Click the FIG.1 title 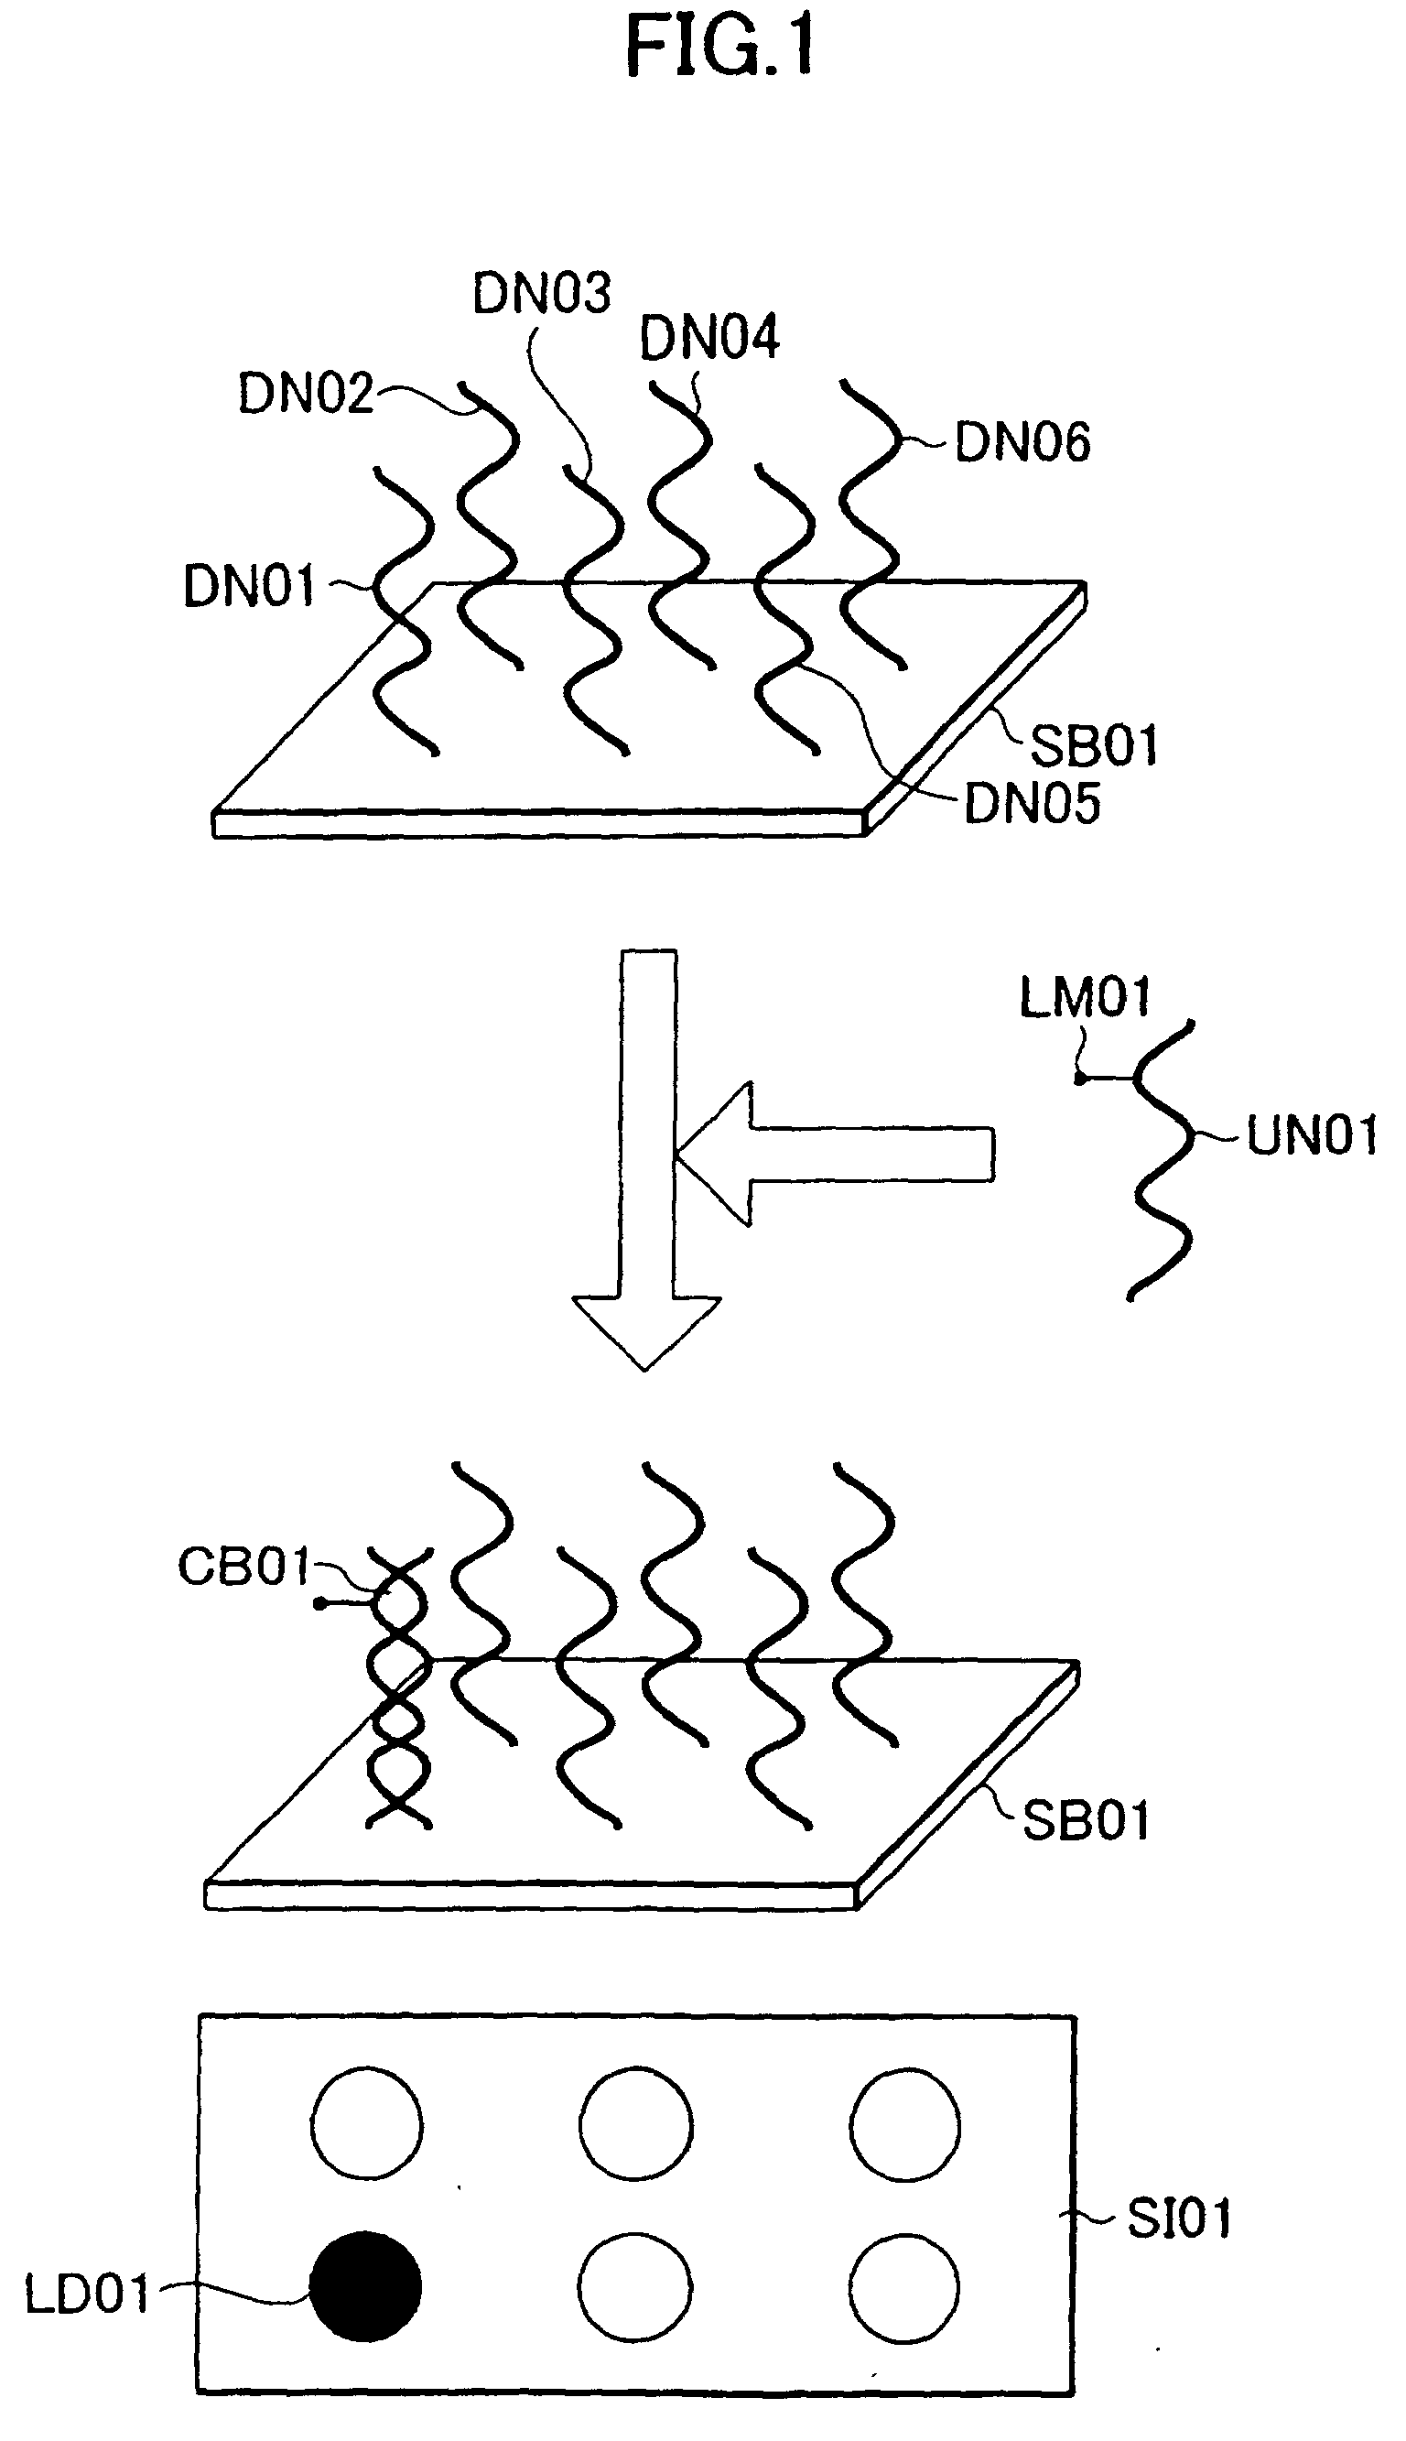click(x=719, y=47)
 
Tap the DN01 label click(x=250, y=586)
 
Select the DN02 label click(x=305, y=394)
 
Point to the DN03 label click(x=542, y=293)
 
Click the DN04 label click(x=709, y=338)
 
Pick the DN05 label click(x=1033, y=803)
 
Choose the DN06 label click(x=1022, y=443)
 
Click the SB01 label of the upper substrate click(x=1093, y=745)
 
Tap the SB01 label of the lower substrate click(x=1086, y=1821)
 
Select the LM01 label click(x=1086, y=996)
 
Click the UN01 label click(x=1313, y=1135)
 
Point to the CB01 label click(x=244, y=1567)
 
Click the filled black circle click(x=366, y=2287)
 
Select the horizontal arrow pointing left click(x=837, y=1154)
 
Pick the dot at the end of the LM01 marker click(x=1079, y=1078)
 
